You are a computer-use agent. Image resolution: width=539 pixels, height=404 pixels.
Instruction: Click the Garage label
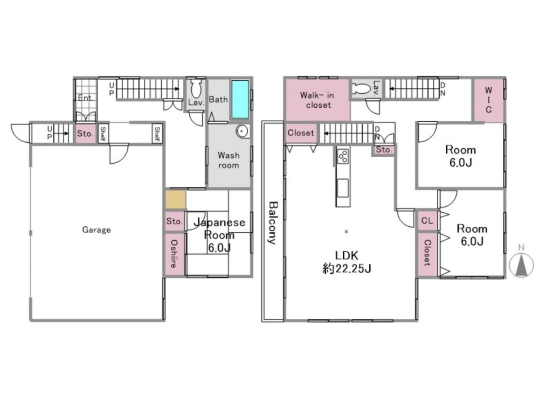[96, 229]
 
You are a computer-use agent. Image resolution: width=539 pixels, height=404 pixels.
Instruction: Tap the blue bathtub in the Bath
[240, 100]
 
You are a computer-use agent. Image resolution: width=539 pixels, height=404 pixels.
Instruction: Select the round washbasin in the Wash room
[243, 131]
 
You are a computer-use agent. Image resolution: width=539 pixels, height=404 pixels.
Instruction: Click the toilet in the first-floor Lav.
[196, 89]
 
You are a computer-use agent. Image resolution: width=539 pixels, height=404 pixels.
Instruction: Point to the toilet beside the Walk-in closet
[361, 89]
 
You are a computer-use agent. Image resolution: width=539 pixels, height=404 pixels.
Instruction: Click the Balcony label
[273, 222]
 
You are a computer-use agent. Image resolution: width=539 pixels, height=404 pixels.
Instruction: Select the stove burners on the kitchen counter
[343, 156]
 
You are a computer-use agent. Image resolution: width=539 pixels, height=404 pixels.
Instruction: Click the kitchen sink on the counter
[343, 188]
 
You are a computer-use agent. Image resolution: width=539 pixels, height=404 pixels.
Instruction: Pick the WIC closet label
[488, 100]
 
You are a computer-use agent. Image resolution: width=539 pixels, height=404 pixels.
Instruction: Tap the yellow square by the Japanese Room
[176, 200]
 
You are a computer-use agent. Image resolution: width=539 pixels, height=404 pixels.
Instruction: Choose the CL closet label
[427, 220]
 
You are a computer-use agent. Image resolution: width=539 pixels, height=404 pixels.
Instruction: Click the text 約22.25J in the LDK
[347, 268]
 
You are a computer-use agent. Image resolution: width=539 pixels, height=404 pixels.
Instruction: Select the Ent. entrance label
[85, 97]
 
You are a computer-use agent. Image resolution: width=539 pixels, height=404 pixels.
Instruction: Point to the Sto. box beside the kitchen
[384, 150]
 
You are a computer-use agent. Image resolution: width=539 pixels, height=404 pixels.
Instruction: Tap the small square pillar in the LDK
[346, 232]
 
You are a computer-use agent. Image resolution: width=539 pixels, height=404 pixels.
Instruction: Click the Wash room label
[228, 160]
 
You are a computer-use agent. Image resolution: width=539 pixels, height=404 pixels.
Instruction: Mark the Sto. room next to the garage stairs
[85, 133]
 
